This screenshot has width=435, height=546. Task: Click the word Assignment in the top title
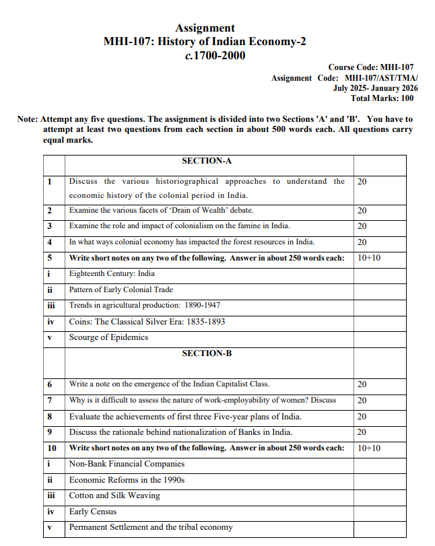pyautogui.click(x=205, y=28)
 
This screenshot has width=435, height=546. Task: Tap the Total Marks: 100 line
pyautogui.click(x=382, y=98)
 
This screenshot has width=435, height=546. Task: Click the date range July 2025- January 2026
pyautogui.click(x=375, y=88)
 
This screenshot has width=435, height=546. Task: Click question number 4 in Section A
pyautogui.click(x=50, y=242)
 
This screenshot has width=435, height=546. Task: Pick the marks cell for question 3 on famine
pyautogui.click(x=362, y=226)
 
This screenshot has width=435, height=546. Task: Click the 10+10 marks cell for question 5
pyautogui.click(x=369, y=258)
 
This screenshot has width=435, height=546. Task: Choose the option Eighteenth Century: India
pyautogui.click(x=112, y=274)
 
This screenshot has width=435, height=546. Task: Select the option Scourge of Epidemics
pyautogui.click(x=108, y=337)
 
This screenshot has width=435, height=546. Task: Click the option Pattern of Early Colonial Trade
pyautogui.click(x=121, y=289)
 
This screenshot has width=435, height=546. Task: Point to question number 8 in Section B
pyautogui.click(x=50, y=416)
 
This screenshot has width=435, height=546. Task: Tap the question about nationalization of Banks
pyautogui.click(x=180, y=432)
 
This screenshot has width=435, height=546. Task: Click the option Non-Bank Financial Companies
pyautogui.click(x=127, y=464)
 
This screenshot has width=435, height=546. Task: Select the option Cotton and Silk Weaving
pyautogui.click(x=114, y=496)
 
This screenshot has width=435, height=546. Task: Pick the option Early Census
pyautogui.click(x=93, y=512)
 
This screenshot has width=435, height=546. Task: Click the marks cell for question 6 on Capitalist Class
pyautogui.click(x=362, y=384)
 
